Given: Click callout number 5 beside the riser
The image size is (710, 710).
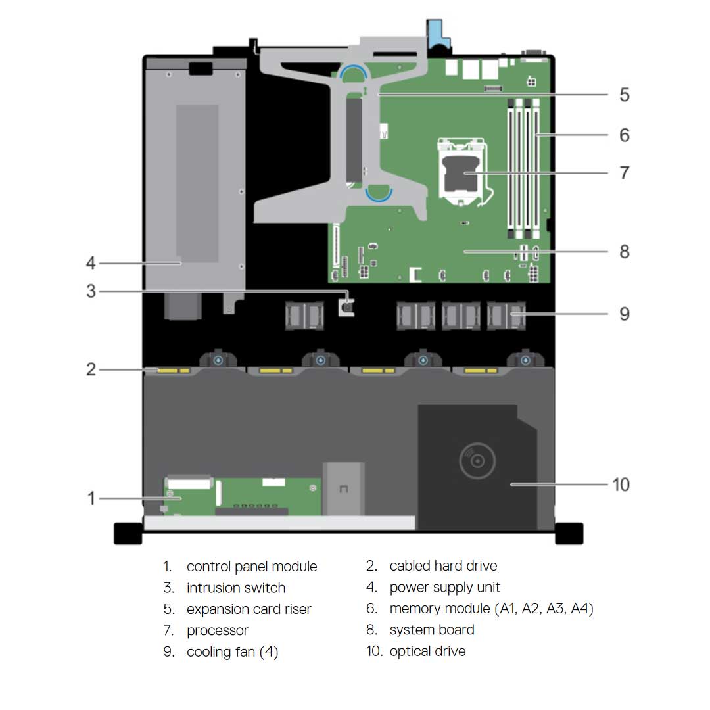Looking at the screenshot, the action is (625, 95).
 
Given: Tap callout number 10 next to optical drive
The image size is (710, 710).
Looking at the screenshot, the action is (621, 485).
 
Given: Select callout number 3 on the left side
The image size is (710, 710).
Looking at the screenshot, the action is (91, 291).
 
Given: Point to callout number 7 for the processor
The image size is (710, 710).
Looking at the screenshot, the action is (625, 172).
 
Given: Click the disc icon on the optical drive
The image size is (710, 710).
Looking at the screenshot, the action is (477, 461).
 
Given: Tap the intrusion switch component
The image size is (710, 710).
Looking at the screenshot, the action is (347, 307).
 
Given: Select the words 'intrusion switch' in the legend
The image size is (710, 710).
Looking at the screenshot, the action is (236, 588).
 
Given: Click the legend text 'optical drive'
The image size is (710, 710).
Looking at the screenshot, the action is (427, 651).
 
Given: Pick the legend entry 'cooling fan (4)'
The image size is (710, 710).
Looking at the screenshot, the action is (232, 651).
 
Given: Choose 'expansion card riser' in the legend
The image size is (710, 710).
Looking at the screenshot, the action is (249, 609).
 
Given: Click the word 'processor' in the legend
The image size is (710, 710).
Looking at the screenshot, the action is (218, 630).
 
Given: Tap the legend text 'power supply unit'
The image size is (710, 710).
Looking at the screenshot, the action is (444, 587).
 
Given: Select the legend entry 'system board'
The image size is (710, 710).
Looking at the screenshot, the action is (432, 630).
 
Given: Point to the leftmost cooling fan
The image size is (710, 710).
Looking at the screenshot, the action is (304, 315).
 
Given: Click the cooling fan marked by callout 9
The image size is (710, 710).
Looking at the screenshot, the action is (506, 315).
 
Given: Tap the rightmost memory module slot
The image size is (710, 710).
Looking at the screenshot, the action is (536, 168).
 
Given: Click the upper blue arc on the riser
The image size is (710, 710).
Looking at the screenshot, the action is (353, 72).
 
